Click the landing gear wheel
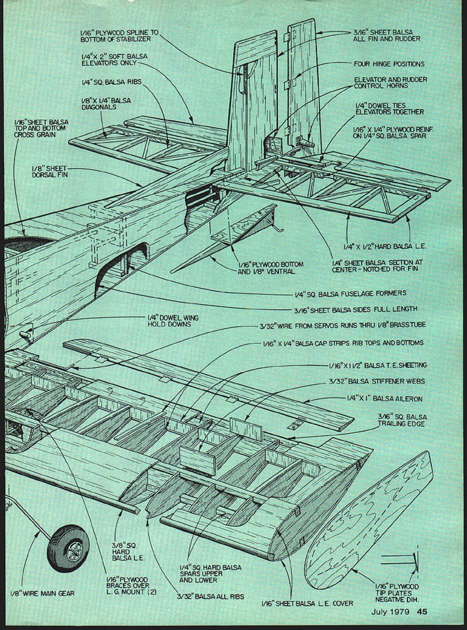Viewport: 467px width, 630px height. (68, 548)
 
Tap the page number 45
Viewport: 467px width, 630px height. (422, 612)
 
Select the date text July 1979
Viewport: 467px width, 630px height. (390, 612)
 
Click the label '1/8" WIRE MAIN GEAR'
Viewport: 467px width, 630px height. (42, 593)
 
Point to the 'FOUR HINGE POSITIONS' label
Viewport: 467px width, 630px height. (389, 64)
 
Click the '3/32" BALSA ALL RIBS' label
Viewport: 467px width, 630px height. (210, 596)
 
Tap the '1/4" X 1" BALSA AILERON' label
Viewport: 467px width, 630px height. (384, 399)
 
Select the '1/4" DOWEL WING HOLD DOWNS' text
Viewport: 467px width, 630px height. (173, 321)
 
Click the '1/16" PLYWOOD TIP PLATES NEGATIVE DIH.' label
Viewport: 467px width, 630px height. (396, 593)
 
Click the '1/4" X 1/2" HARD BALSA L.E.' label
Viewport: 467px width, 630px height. (385, 246)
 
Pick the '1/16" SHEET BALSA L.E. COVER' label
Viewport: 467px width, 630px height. (307, 603)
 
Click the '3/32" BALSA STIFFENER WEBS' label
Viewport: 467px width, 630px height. (377, 381)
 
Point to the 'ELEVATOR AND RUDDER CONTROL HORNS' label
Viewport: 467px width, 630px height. (390, 82)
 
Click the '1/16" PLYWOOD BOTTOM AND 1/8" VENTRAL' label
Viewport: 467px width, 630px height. (270, 268)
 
